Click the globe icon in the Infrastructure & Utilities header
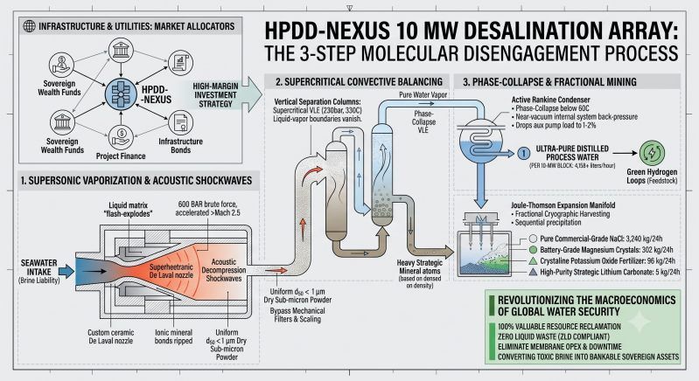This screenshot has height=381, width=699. tap(30, 26)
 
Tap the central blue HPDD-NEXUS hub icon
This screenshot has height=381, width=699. tap(121, 94)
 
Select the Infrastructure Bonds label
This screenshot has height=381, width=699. tap(180, 146)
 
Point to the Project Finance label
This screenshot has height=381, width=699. tap(121, 156)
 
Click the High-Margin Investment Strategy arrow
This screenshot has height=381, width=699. tap(222, 94)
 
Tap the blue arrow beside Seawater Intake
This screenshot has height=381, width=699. tap(66, 271)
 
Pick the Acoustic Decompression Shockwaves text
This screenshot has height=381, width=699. tap(224, 270)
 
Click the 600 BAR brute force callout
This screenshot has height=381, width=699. tap(207, 208)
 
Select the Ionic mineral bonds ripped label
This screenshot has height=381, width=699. tap(173, 336)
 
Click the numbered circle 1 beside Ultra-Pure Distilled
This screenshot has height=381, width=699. tap(524, 154)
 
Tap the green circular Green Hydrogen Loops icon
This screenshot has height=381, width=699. tap(652, 153)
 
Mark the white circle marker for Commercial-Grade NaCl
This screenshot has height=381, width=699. tap(533, 239)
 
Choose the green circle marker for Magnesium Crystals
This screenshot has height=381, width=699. tap(533, 250)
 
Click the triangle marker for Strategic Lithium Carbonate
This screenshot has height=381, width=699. tap(533, 272)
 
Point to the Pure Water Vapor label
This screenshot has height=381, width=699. tap(423, 94)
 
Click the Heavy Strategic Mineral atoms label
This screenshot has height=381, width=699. tap(420, 267)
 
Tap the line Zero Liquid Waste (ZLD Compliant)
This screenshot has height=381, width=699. tap(553, 336)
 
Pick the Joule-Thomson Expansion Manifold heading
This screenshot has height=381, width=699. tap(563, 205)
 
